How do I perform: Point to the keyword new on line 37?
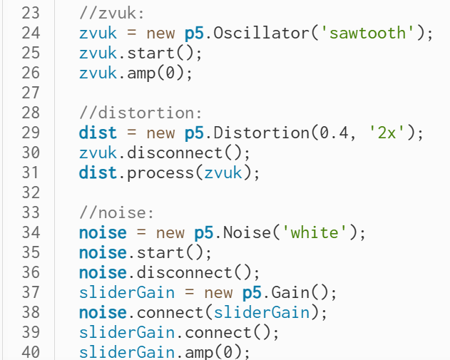[218, 292]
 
